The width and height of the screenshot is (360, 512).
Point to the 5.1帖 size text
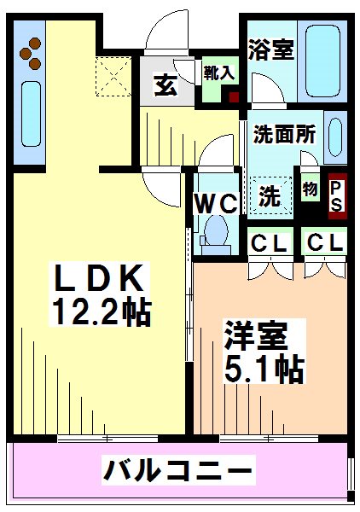click(x=264, y=369)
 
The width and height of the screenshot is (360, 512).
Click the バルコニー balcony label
click(x=178, y=469)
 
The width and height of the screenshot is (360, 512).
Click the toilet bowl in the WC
click(x=218, y=231)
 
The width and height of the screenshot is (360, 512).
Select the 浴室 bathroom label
click(x=270, y=50)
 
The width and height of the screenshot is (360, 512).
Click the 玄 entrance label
click(x=165, y=85)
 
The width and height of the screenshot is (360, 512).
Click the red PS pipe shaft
click(x=336, y=194)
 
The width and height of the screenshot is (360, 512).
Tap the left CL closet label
click(x=268, y=243)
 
